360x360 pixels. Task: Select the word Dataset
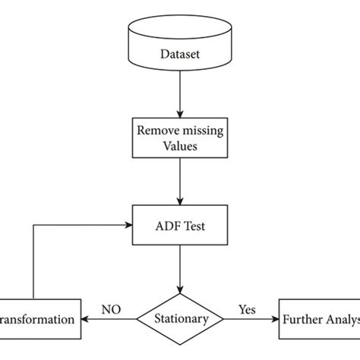[x=180, y=54]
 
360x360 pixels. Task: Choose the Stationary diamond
[x=180, y=319]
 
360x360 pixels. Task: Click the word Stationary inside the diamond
[x=180, y=319]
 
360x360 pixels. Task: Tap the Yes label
[x=247, y=310]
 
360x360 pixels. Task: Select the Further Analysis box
[x=320, y=319]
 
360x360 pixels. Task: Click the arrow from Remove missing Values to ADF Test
[x=180, y=178]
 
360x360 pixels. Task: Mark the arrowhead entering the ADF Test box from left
[x=129, y=224]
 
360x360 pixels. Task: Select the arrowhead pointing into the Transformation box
[x=85, y=319]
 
